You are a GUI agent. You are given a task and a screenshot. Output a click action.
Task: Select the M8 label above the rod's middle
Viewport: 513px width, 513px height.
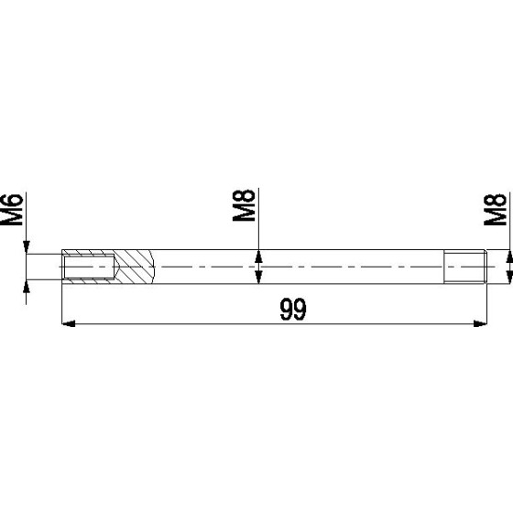pyautogui.click(x=244, y=205)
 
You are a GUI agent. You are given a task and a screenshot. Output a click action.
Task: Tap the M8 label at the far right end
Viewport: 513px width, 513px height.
pyautogui.click(x=495, y=210)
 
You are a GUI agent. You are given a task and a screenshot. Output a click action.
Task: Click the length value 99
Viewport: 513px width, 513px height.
pyautogui.click(x=293, y=309)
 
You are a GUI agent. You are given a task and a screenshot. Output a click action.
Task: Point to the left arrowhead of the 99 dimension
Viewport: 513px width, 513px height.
pyautogui.click(x=69, y=323)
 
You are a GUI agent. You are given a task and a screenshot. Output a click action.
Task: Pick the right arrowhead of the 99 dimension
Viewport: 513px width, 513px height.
pyautogui.click(x=480, y=323)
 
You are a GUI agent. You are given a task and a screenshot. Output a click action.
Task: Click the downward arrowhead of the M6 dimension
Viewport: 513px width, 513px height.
pyautogui.click(x=27, y=247)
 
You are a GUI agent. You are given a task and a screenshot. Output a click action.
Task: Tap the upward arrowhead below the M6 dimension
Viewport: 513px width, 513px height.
pyautogui.click(x=27, y=286)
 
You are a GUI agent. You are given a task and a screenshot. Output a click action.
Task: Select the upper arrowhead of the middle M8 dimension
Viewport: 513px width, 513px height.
pyautogui.click(x=258, y=256)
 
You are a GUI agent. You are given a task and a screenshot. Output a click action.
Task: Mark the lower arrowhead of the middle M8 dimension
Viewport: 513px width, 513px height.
pyautogui.click(x=258, y=277)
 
